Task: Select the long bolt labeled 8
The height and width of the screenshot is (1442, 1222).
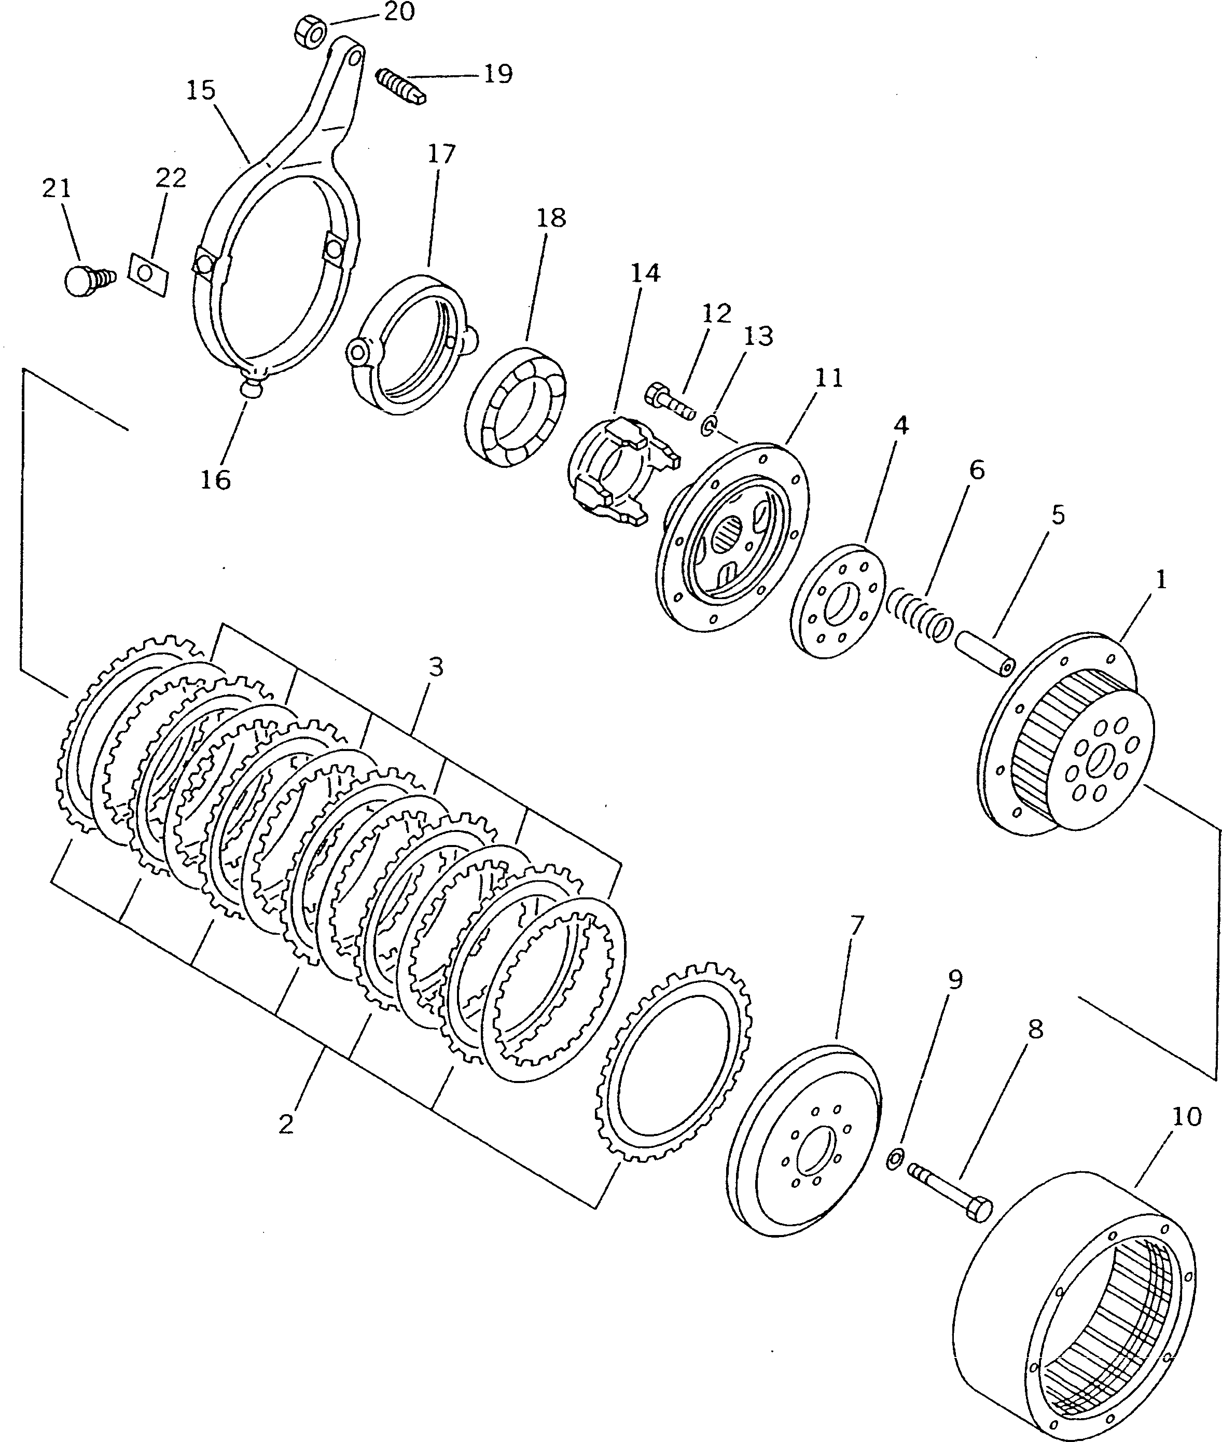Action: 950,1190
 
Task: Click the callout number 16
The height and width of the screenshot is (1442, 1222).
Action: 215,479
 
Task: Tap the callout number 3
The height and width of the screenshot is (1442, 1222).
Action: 435,667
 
